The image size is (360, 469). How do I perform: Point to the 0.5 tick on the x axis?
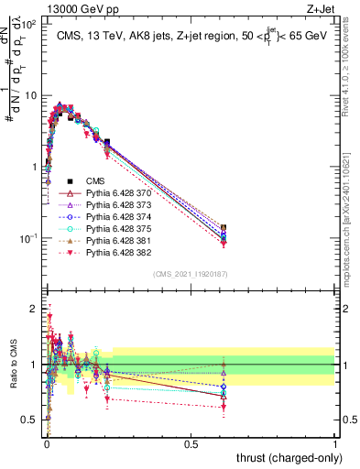click(x=191, y=444)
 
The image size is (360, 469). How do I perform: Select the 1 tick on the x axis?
click(x=335, y=444)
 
